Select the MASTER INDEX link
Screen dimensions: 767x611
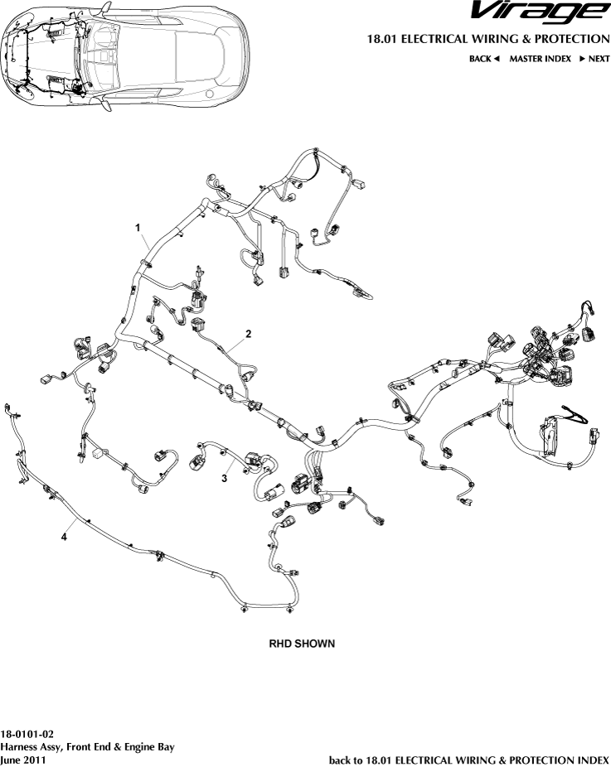[x=540, y=59]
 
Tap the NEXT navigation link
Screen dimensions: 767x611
[x=599, y=59]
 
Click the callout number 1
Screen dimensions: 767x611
[x=138, y=226]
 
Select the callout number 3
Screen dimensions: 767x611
[x=225, y=478]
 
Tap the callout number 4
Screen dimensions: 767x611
[x=64, y=537]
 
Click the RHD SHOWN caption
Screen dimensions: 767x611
[x=302, y=643]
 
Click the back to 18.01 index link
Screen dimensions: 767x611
[x=469, y=759]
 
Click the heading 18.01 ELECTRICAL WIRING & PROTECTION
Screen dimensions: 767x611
[x=487, y=39]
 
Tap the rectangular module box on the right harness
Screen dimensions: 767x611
[x=548, y=432]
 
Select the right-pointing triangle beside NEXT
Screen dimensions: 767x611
[x=583, y=59]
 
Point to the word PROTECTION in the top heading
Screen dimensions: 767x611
[x=572, y=39]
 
